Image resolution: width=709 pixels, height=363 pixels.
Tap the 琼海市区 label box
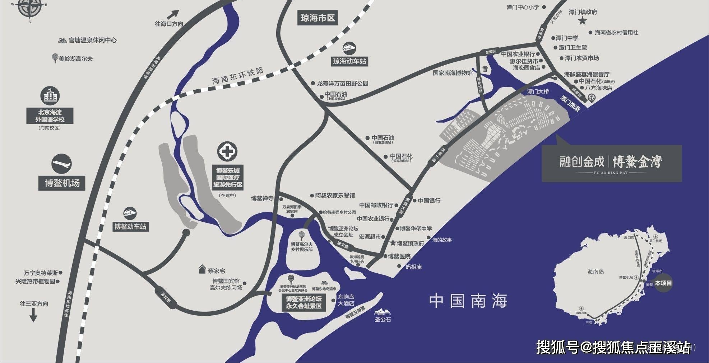coord(318,18)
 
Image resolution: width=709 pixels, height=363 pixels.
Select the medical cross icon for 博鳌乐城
coord(227,152)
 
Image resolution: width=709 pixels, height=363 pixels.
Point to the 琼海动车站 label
coord(349,61)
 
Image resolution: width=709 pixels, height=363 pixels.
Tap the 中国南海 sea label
coord(468,301)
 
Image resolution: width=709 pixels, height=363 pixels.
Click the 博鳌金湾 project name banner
coord(611,163)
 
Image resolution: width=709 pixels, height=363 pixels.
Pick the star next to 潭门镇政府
coord(582,21)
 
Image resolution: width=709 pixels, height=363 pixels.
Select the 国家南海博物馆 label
coord(453,73)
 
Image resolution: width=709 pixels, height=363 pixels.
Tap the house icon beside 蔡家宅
coord(202,270)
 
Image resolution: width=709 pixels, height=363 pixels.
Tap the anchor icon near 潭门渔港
coord(591,98)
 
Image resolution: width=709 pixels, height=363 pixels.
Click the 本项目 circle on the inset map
coord(663,283)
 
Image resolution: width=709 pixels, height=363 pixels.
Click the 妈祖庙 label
coord(413,267)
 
